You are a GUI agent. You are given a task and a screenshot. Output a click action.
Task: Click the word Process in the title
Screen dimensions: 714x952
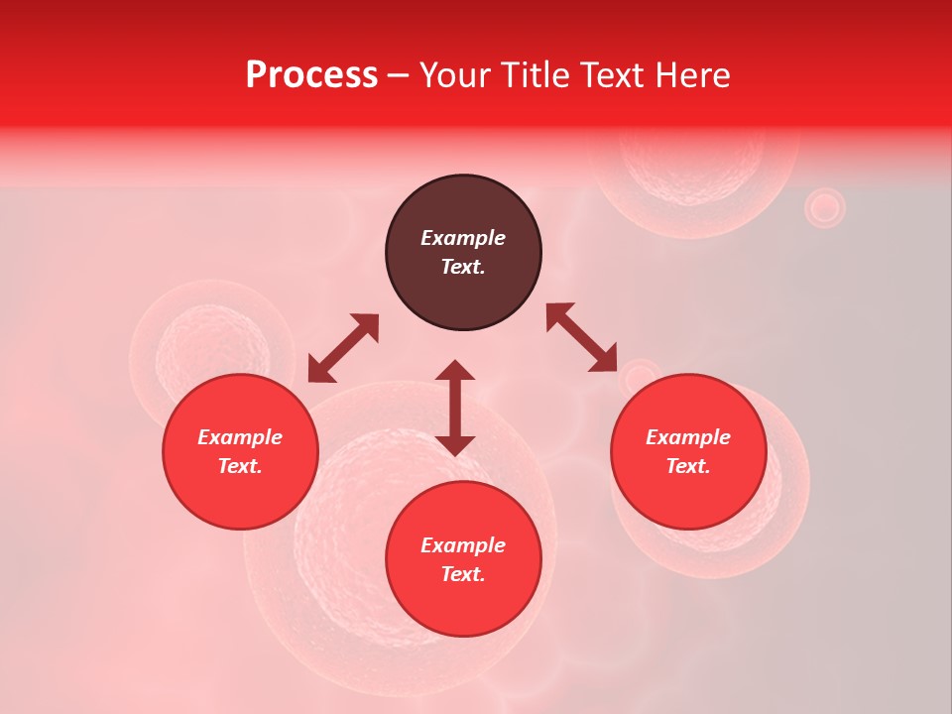[x=311, y=75]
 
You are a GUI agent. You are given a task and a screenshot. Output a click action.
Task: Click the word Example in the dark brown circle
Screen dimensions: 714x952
[x=463, y=238]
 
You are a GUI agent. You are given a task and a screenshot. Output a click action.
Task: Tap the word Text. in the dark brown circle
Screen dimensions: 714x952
[x=463, y=267]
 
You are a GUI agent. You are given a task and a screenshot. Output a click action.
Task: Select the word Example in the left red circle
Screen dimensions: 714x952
[x=240, y=437]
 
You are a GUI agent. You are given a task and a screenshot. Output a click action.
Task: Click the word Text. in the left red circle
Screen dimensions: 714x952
[x=240, y=466]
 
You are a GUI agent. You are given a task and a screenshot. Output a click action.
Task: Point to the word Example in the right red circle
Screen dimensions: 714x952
[x=688, y=437]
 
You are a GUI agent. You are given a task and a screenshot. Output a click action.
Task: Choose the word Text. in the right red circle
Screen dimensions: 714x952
[x=688, y=466]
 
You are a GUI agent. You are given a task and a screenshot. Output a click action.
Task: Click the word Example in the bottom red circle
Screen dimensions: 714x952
[x=463, y=545]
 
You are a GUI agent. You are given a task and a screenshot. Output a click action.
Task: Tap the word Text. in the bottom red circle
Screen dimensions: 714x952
[x=463, y=574]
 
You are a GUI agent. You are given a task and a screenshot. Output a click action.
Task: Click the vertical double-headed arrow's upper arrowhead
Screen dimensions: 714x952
[x=455, y=371]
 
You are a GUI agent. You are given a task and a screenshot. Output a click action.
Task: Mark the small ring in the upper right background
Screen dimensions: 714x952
[x=824, y=208]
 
